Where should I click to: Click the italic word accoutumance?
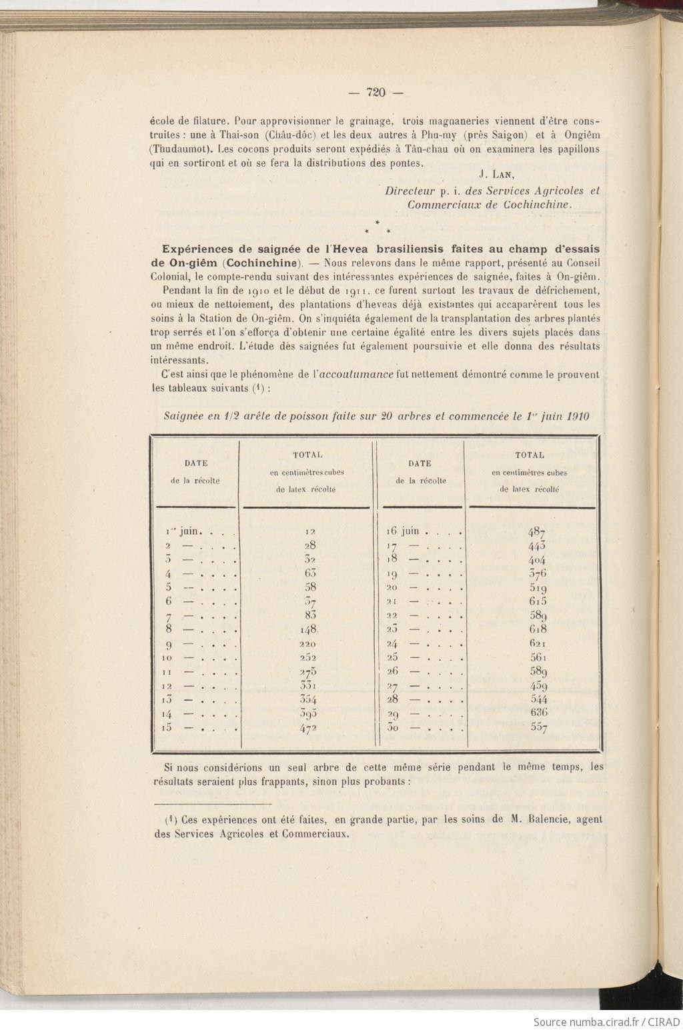357,374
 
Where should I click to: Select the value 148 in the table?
307,629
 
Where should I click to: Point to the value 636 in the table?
538,713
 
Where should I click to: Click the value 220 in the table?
308,644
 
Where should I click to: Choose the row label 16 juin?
404,531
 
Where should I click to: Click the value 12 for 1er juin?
309,532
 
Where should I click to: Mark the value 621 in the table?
538,644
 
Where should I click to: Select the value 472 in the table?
308,727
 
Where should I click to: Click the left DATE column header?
195,463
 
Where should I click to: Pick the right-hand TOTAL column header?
530,455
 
